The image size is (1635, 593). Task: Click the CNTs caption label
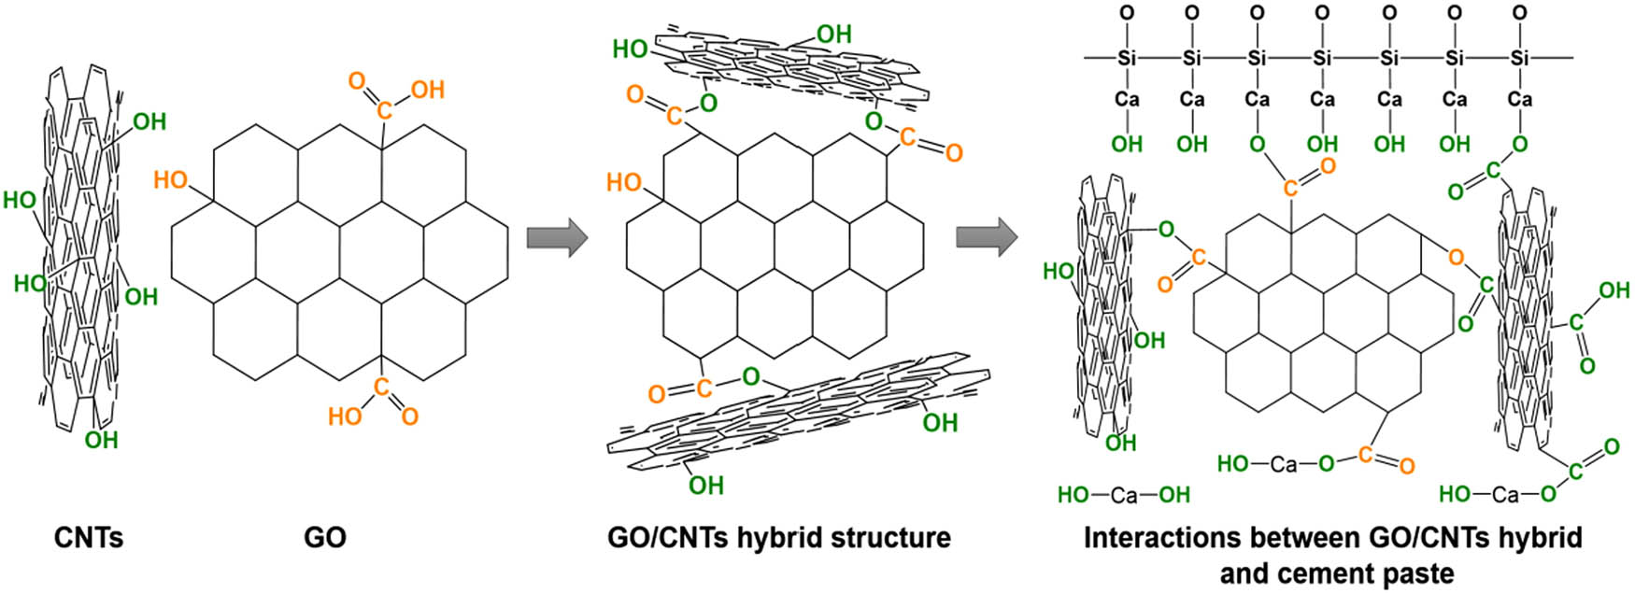(89, 538)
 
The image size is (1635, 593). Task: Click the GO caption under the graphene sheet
(325, 538)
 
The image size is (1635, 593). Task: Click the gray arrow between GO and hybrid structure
(557, 238)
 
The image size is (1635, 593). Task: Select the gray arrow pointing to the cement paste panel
(986, 238)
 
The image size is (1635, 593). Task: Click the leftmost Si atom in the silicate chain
(1127, 58)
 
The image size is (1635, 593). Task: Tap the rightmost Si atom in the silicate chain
(1520, 58)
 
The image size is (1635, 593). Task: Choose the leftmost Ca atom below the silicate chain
(1127, 100)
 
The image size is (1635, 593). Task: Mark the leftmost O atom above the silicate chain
(1127, 14)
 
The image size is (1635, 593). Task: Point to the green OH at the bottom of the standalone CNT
(101, 439)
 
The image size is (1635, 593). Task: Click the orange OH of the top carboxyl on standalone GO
(427, 90)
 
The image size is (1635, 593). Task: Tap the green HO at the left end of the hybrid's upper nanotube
(631, 49)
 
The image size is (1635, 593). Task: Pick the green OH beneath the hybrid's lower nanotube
(705, 486)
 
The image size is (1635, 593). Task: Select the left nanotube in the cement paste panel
(1102, 308)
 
